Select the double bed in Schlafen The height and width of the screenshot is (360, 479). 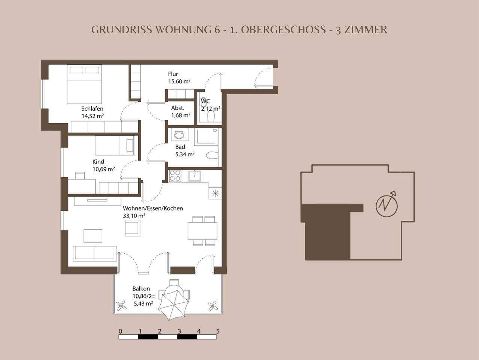point(85,85)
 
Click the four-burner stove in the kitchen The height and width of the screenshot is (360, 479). point(175,176)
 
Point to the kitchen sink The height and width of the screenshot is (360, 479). point(194,176)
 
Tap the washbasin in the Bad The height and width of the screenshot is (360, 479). point(179,135)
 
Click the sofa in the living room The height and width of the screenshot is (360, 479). point(95,253)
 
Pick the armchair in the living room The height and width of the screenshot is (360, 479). point(133,228)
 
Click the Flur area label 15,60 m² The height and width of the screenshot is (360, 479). point(179,81)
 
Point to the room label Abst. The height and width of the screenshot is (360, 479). point(178,108)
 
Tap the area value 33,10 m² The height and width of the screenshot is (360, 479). point(134,216)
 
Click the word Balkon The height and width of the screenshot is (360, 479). point(141,289)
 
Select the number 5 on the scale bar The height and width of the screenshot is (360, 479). point(218,331)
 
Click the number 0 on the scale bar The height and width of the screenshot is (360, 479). point(120,331)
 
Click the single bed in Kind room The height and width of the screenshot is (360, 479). point(115,146)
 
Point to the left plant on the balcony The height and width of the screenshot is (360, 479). point(122,306)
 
